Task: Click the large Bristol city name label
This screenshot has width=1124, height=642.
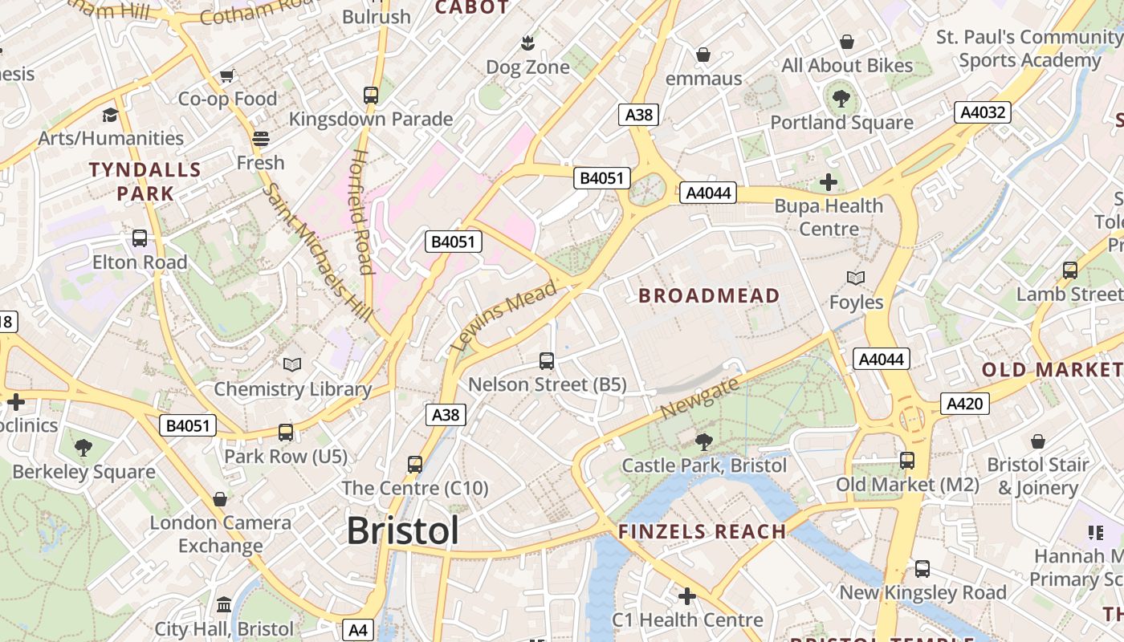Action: (x=403, y=531)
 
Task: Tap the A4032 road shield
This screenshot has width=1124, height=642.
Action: (x=983, y=112)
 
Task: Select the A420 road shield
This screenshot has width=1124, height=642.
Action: (x=964, y=404)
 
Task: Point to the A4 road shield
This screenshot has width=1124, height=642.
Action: (x=358, y=630)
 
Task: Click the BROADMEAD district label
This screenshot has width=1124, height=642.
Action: (x=709, y=296)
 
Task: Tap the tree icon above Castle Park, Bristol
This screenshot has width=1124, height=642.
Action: (x=704, y=441)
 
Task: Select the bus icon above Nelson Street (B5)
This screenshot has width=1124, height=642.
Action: (x=547, y=360)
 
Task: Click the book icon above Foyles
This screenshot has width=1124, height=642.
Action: (x=856, y=278)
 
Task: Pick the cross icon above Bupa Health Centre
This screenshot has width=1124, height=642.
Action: (x=829, y=183)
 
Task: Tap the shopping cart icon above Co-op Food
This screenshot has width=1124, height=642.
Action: (x=227, y=76)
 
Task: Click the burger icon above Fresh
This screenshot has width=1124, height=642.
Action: (x=260, y=139)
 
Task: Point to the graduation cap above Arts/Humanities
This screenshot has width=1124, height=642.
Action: (x=110, y=115)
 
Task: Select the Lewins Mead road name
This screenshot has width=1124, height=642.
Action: (x=503, y=316)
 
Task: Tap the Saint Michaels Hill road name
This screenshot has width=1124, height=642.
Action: (x=319, y=252)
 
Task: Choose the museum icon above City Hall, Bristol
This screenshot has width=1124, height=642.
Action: (x=224, y=604)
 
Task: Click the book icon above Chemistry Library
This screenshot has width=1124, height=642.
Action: (x=292, y=365)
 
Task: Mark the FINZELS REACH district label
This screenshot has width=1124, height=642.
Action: (x=702, y=531)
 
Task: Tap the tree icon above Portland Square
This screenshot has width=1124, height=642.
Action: (x=841, y=99)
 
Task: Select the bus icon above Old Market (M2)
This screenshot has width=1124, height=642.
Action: (x=907, y=461)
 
